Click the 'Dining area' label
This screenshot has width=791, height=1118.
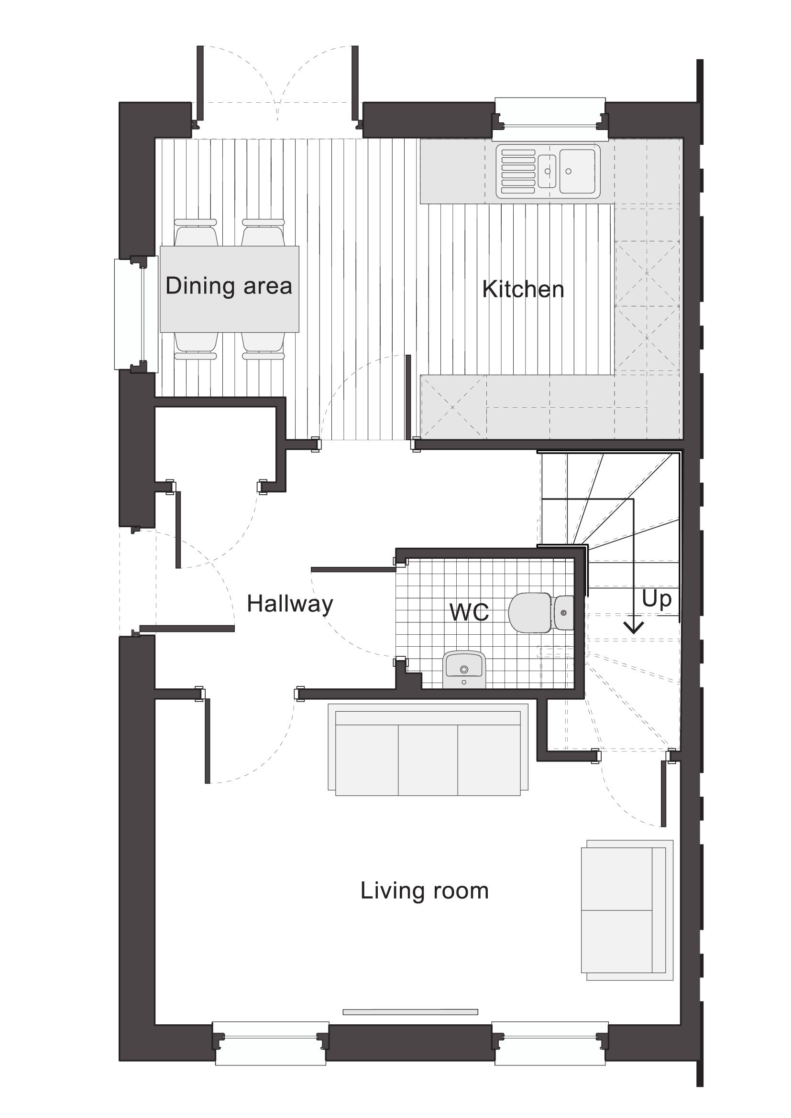(x=229, y=286)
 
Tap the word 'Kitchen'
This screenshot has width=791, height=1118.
(x=523, y=289)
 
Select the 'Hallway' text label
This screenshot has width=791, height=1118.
(x=290, y=604)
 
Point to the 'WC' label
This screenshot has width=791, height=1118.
(x=469, y=612)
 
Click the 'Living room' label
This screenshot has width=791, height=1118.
(x=424, y=890)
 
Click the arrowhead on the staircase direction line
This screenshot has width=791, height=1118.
(x=633, y=628)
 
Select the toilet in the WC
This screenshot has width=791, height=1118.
(x=541, y=613)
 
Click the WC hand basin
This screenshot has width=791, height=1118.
(x=464, y=669)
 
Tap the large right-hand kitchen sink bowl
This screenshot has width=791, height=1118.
(x=577, y=171)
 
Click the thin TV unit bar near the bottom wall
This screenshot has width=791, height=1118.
(x=410, y=1012)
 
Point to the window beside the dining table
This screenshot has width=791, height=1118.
(x=136, y=315)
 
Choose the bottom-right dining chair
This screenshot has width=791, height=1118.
(x=263, y=346)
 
